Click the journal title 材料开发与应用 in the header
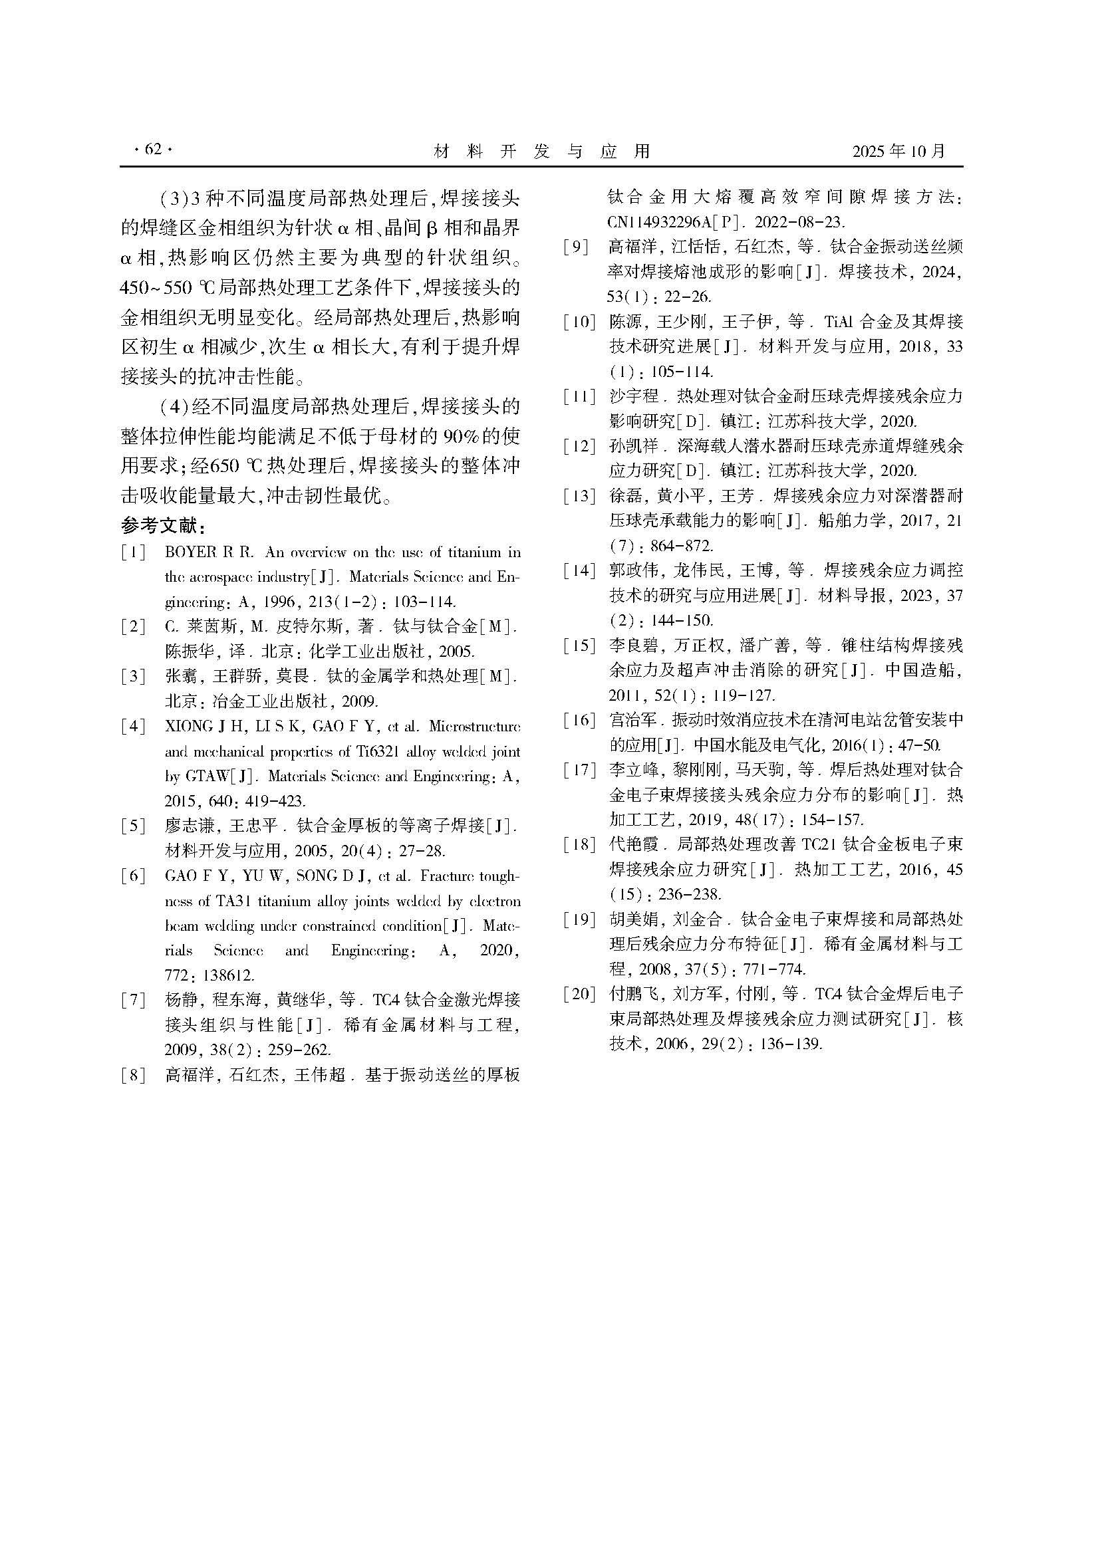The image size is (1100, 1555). [541, 151]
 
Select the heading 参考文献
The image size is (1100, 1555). [162, 526]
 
